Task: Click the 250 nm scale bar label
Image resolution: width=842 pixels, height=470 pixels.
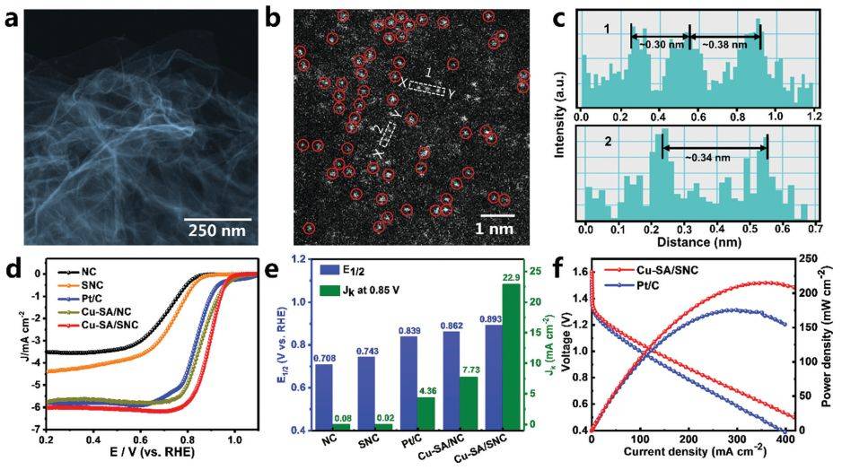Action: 230,229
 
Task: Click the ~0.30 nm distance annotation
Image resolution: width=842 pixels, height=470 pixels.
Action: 662,42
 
